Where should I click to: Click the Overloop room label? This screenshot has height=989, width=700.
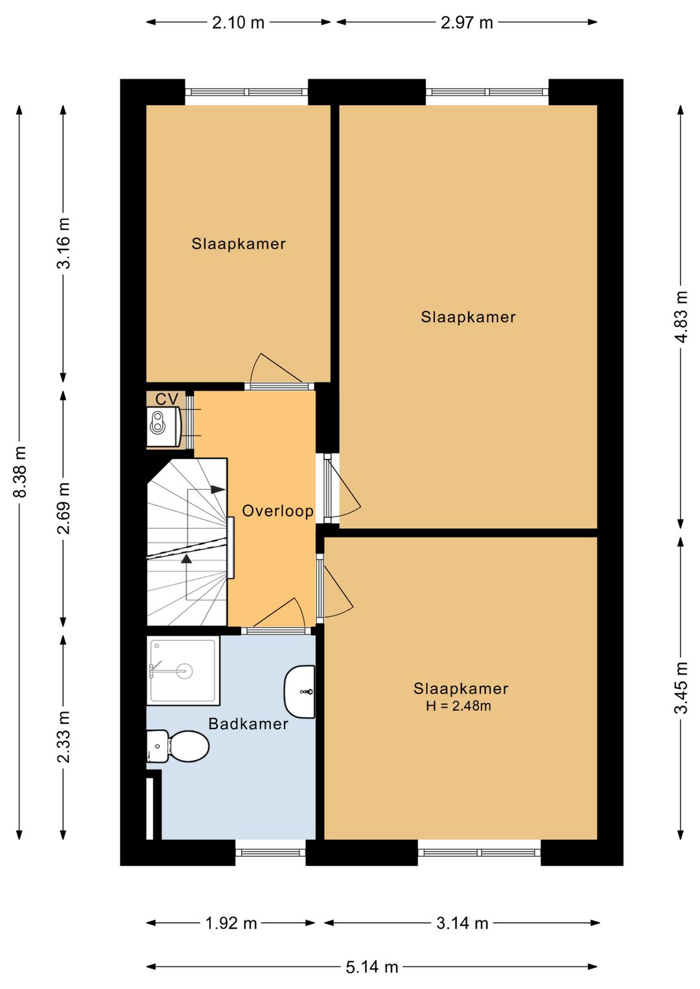[x=278, y=511]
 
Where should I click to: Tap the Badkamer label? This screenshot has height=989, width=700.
[x=248, y=724]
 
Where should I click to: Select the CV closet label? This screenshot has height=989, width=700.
[x=167, y=399]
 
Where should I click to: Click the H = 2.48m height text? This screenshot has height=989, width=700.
[x=458, y=706]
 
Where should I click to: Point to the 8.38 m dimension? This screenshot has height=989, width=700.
[x=21, y=472]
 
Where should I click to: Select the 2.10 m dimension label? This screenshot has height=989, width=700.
[x=238, y=23]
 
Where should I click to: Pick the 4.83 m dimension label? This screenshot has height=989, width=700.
[x=681, y=316]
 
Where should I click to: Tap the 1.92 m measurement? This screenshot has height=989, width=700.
[x=231, y=922]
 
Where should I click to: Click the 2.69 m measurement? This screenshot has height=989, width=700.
[x=64, y=508]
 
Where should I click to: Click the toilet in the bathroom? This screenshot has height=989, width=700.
[x=178, y=746]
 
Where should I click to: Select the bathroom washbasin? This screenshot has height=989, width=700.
[x=300, y=692]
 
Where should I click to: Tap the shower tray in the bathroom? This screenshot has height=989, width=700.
[x=183, y=671]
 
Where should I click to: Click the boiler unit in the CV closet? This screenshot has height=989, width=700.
[x=163, y=427]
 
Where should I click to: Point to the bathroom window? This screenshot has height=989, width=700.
[x=270, y=852]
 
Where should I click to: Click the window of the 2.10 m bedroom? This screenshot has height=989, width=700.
[x=246, y=92]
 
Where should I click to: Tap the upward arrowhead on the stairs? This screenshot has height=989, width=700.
[x=187, y=559]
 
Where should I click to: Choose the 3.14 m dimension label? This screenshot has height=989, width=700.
[x=462, y=922]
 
